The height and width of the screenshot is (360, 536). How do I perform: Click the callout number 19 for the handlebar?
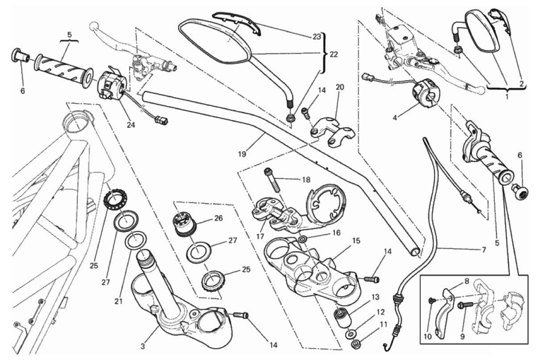click(x=242, y=154)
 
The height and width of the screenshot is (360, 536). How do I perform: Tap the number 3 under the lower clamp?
click(x=143, y=346)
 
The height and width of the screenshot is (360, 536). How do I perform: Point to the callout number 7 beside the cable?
click(x=483, y=250)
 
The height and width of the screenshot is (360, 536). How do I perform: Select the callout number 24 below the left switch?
click(x=131, y=125)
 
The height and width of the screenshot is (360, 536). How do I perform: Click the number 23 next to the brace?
click(x=317, y=37)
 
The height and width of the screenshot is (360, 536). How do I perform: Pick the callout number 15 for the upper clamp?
click(x=356, y=241)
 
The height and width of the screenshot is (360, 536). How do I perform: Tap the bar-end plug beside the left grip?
click(x=21, y=57)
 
